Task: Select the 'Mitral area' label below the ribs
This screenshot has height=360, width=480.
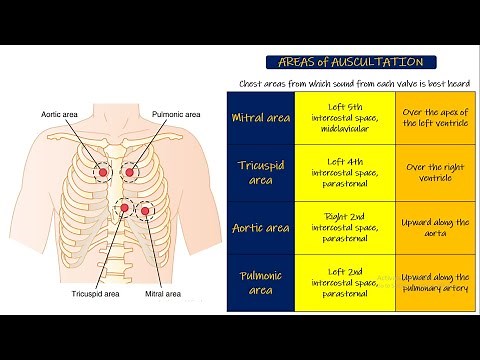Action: tap(161, 295)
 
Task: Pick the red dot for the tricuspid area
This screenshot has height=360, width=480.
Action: tap(124, 208)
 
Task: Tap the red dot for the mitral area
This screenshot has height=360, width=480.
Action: tap(147, 210)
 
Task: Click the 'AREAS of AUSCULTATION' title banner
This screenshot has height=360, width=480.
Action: tap(345, 62)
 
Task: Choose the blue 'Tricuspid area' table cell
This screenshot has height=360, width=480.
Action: tap(262, 172)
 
